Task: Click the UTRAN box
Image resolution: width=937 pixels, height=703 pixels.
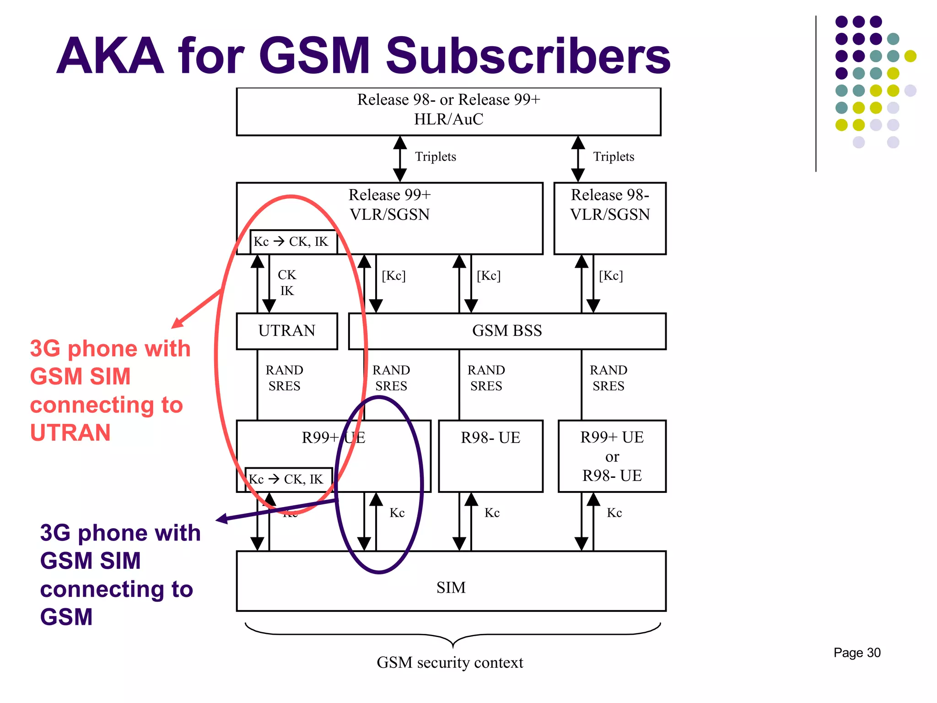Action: (x=287, y=331)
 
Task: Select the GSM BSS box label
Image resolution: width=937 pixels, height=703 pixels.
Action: (x=507, y=331)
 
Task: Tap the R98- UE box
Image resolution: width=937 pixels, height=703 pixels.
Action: (x=490, y=455)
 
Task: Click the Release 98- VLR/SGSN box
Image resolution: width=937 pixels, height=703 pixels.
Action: (x=610, y=218)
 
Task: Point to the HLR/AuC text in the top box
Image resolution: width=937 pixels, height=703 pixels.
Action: (x=448, y=119)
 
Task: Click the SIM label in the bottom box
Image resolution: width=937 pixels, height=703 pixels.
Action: (x=451, y=587)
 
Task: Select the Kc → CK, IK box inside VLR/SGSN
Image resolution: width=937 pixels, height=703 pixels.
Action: (x=293, y=242)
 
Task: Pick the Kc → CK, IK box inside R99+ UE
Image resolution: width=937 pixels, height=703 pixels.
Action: (x=288, y=479)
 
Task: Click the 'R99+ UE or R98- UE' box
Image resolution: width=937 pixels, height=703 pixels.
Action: (x=612, y=456)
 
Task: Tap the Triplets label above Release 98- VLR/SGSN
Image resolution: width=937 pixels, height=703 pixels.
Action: (x=614, y=157)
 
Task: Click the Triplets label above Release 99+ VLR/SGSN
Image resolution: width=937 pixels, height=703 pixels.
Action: (x=435, y=157)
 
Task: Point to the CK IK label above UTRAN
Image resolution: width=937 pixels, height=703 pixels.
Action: (x=287, y=283)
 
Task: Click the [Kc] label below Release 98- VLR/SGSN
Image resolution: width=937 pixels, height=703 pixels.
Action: (x=611, y=276)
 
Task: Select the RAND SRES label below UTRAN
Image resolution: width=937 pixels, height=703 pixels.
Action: (x=284, y=378)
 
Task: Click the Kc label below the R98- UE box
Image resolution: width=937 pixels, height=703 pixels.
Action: (x=492, y=513)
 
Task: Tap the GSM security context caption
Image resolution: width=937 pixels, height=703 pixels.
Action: (x=450, y=662)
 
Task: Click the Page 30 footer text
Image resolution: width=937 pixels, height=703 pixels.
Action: (x=856, y=653)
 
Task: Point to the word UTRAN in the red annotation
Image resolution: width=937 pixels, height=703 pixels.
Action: (x=70, y=433)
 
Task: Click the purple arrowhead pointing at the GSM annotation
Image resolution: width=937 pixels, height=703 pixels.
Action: (x=221, y=519)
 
